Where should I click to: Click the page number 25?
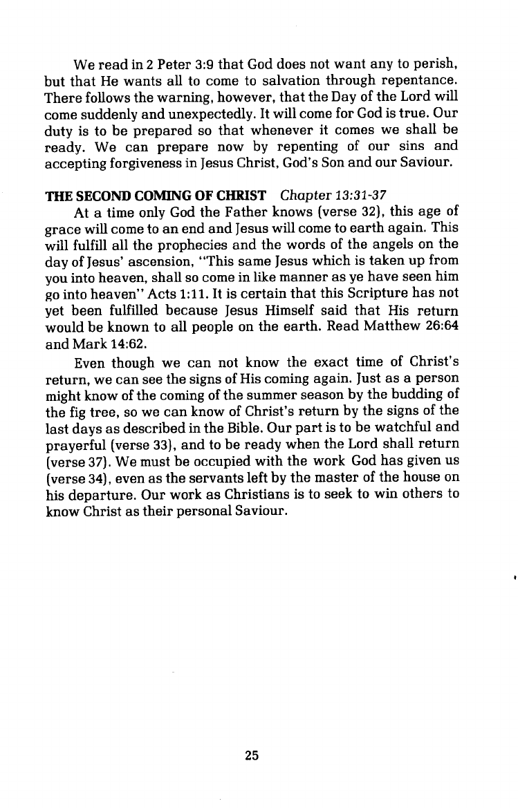click(x=252, y=755)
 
